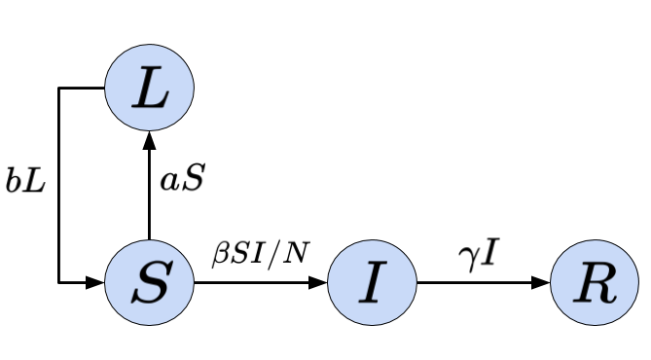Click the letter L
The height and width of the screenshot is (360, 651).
tap(150, 89)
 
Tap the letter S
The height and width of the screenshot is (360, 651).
tap(150, 283)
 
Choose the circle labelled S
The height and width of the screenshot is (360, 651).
tap(150, 283)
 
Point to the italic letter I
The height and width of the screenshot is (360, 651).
tap(372, 283)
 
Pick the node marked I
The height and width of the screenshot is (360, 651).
tap(372, 283)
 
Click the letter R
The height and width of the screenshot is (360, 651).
tap(595, 283)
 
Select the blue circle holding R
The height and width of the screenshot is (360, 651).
tap(595, 283)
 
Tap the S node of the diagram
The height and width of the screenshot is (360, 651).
tap(150, 283)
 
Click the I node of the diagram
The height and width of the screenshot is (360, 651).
tap(372, 283)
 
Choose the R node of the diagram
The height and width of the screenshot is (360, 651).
tap(595, 283)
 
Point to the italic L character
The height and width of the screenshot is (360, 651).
tap(150, 89)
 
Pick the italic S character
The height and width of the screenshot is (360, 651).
tap(150, 283)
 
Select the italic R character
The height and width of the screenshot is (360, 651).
tap(595, 283)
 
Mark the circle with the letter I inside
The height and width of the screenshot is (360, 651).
tap(372, 283)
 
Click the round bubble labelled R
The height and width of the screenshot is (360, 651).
tap(595, 283)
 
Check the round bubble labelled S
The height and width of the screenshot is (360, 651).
tap(150, 283)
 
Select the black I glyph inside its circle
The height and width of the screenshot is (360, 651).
tap(372, 283)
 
